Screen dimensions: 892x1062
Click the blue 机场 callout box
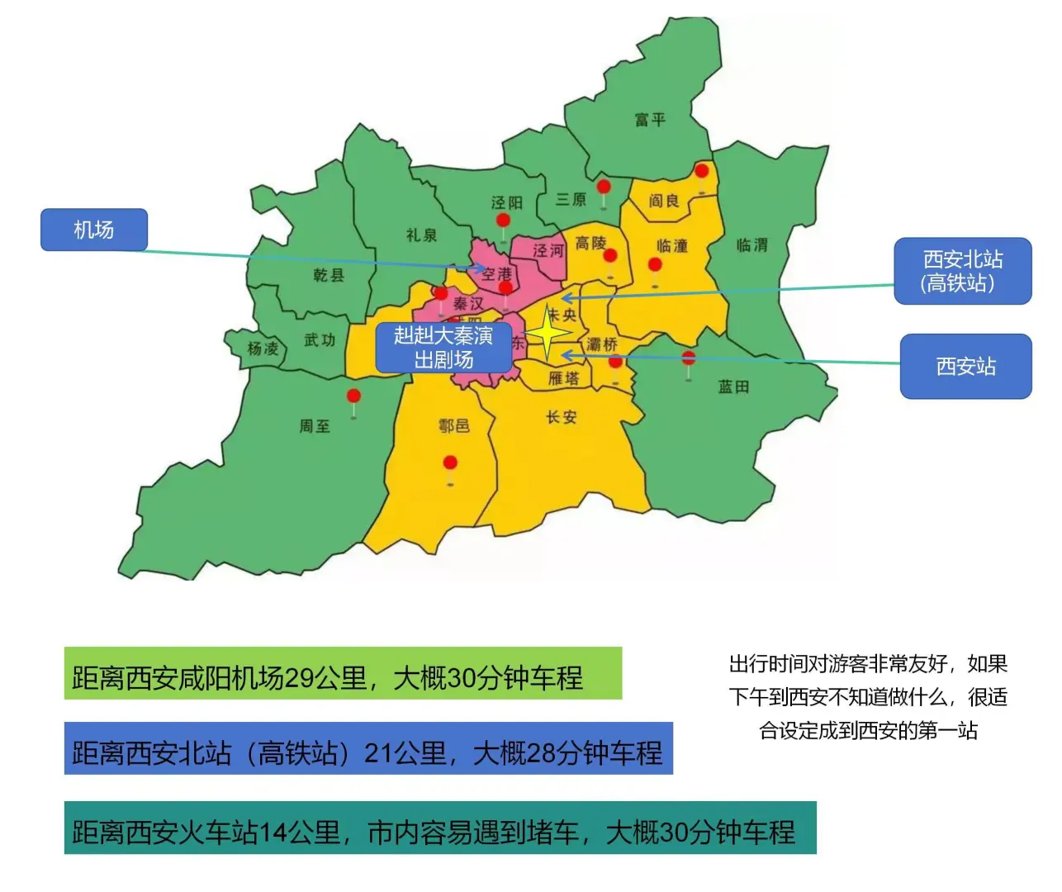click(94, 230)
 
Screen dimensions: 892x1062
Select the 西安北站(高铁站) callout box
click(962, 271)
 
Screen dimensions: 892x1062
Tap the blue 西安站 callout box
click(965, 366)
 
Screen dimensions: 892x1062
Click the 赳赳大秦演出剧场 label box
click(443, 347)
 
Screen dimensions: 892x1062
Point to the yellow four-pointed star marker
click(548, 333)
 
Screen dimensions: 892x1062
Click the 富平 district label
click(650, 120)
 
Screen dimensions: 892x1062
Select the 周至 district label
click(315, 426)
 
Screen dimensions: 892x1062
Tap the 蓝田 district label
click(733, 387)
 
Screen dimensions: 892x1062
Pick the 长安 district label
click(562, 417)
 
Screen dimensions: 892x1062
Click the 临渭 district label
click(752, 244)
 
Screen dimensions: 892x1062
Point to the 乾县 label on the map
click(329, 274)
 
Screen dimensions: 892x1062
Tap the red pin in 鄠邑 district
click(450, 463)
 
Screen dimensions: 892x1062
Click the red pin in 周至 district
click(353, 397)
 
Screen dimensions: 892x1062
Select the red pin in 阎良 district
click(701, 172)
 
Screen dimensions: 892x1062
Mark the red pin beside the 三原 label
click(604, 187)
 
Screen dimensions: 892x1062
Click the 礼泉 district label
click(421, 235)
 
